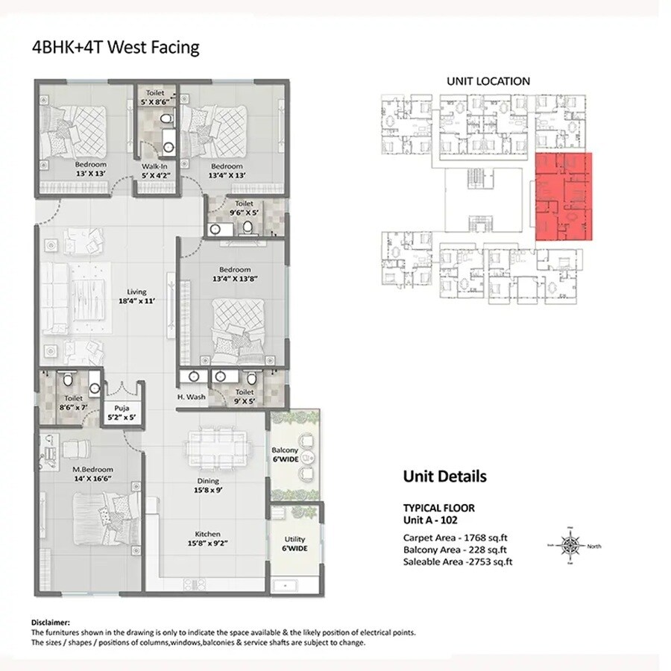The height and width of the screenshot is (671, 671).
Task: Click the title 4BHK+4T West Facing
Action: click(115, 48)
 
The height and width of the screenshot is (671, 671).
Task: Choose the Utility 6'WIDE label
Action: click(295, 544)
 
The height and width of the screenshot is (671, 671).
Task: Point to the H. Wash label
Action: click(191, 397)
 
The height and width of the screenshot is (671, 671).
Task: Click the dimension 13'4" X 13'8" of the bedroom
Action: click(230, 280)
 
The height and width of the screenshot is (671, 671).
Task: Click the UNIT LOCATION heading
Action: click(488, 81)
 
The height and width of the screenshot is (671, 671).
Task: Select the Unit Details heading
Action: click(444, 476)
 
